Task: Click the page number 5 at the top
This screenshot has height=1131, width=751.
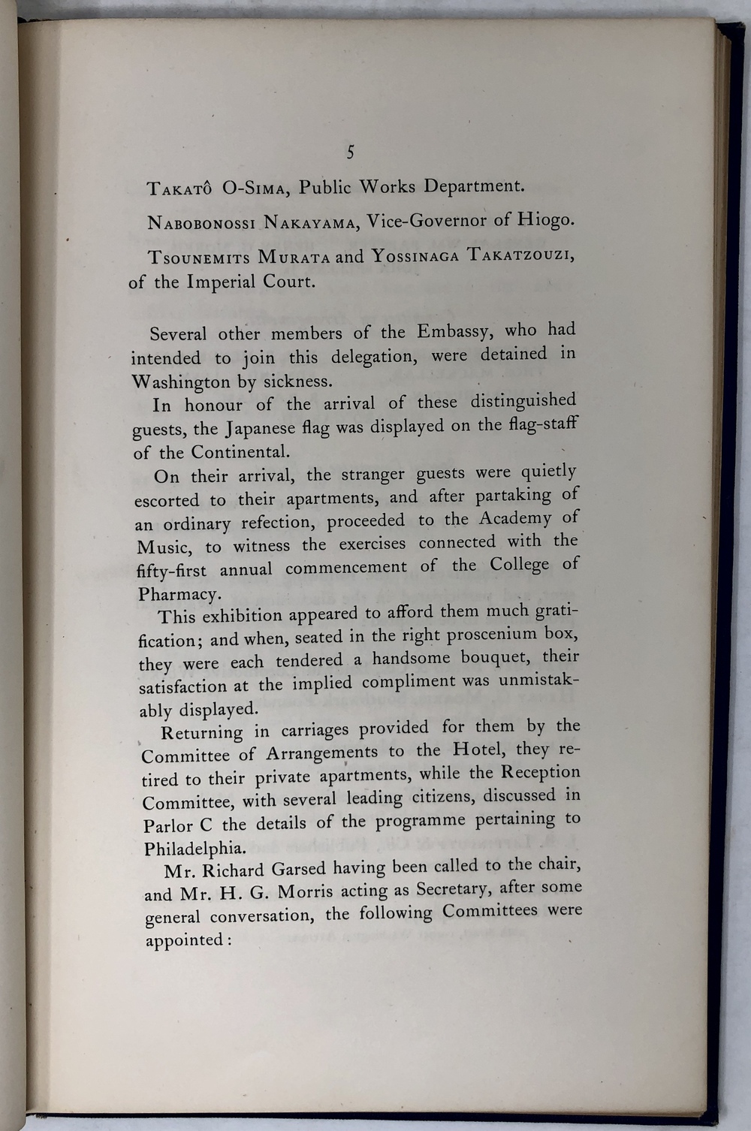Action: click(x=350, y=152)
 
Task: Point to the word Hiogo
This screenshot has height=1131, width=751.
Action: click(x=546, y=219)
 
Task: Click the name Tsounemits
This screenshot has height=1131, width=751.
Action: click(x=198, y=258)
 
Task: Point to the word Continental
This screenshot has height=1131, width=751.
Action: click(x=240, y=453)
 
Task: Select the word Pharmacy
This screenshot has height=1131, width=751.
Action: click(x=179, y=594)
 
